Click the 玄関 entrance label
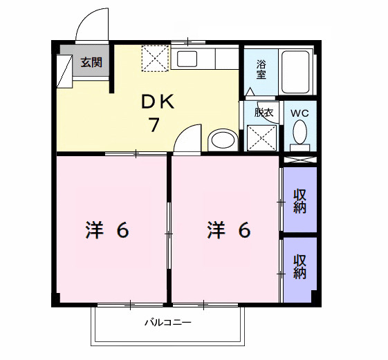click(x=91, y=62)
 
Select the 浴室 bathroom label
click(x=262, y=70)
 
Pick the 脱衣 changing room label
click(x=264, y=112)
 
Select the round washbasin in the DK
click(x=222, y=140)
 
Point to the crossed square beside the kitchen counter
click(x=155, y=57)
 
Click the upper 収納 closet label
click(x=299, y=200)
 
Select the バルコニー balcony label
click(x=167, y=322)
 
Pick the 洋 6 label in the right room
click(x=228, y=230)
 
